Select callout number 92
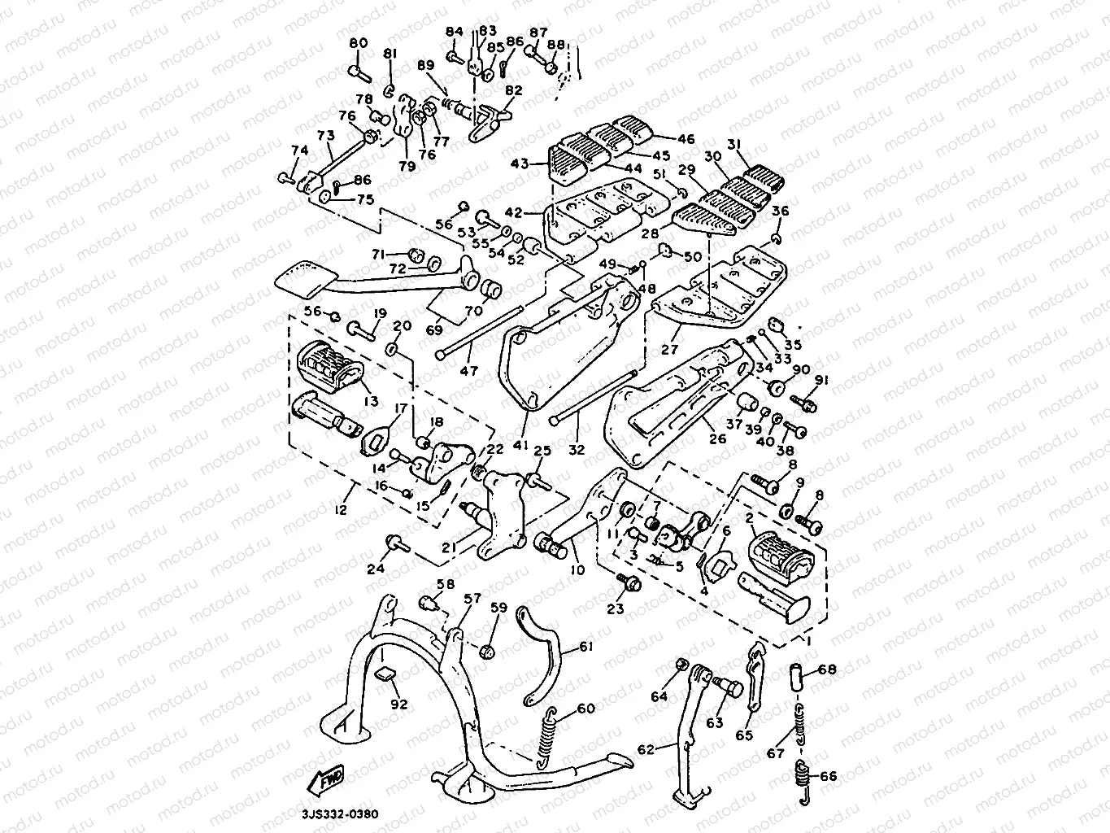pos(398,704)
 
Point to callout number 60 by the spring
pos(586,709)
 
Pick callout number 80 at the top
pos(359,43)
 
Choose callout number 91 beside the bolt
pos(821,380)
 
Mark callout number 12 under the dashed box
pos(340,509)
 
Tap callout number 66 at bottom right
pos(828,775)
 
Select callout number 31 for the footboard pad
pos(735,145)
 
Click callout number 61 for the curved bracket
pos(585,648)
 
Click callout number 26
pos(717,439)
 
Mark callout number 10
pos(577,569)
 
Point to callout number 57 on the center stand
pos(472,599)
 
